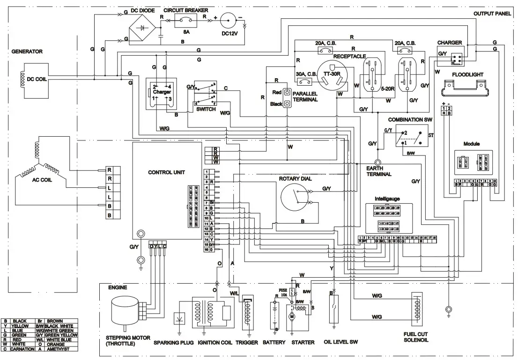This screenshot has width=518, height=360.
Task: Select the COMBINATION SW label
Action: click(410, 120)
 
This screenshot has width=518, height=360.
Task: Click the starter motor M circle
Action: click(292, 317)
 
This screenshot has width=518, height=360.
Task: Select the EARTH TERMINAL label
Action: click(379, 171)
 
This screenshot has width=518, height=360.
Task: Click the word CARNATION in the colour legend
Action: click(24, 349)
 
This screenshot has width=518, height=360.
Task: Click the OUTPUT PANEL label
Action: click(492, 14)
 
